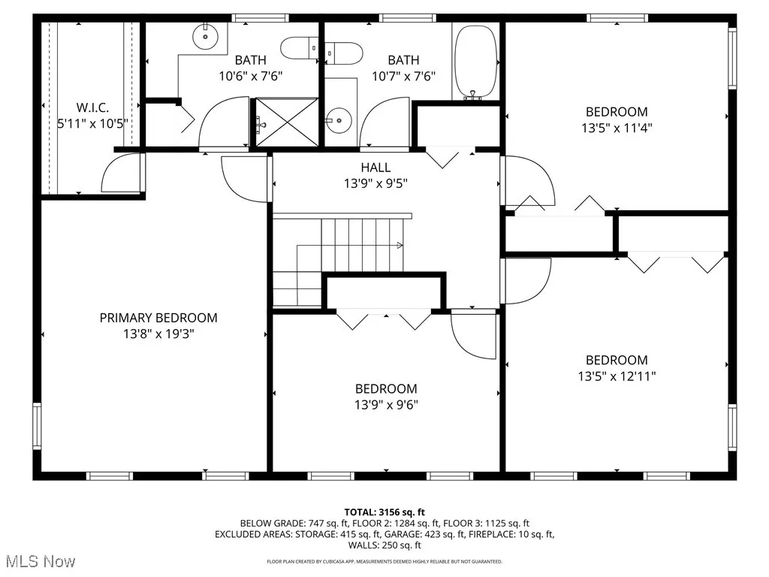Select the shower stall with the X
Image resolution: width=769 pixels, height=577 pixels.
tap(288, 121)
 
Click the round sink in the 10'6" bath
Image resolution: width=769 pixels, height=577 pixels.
tap(204, 35)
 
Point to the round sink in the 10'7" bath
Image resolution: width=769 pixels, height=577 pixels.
tap(339, 119)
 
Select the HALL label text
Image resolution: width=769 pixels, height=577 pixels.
tap(375, 168)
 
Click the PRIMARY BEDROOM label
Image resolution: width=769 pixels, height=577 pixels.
tap(158, 318)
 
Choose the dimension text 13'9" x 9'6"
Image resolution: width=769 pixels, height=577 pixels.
tap(386, 405)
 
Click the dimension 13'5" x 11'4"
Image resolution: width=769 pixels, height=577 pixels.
tap(616, 128)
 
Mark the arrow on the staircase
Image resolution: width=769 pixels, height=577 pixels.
tap(398, 244)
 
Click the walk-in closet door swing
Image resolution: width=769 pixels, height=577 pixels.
tap(120, 173)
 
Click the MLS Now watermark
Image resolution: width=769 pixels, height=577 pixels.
tap(39, 561)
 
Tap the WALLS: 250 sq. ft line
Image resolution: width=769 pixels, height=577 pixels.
tap(384, 545)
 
